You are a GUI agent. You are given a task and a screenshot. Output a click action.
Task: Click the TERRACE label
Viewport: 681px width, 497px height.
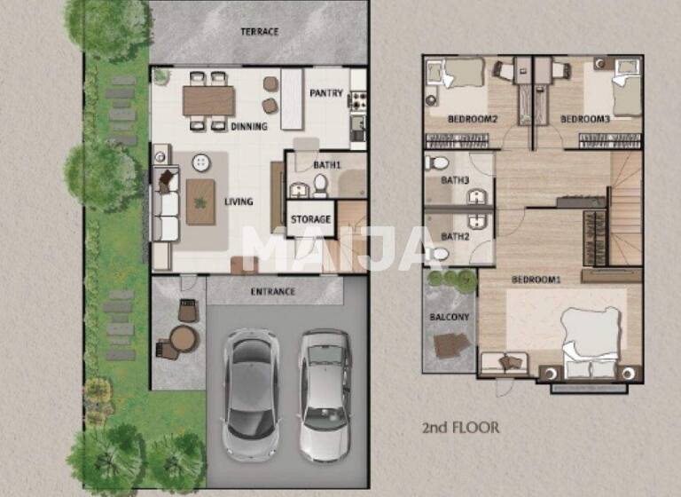(x=260, y=32)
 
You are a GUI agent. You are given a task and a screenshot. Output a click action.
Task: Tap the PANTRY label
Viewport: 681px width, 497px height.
(x=325, y=93)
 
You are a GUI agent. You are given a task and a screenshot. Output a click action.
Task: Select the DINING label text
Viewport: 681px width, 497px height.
(x=249, y=126)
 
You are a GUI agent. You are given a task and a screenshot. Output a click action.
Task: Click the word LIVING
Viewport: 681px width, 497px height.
(x=239, y=201)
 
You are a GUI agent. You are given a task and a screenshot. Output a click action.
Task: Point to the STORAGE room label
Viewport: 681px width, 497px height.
(x=310, y=219)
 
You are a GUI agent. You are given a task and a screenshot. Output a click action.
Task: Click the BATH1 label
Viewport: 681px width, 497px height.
(x=327, y=165)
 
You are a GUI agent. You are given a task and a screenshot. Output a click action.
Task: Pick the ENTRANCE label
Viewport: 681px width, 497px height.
(x=273, y=291)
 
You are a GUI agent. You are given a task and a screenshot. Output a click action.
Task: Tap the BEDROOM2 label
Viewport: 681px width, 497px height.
(x=472, y=119)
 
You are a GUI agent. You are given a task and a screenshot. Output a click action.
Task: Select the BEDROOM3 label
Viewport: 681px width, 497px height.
(x=585, y=119)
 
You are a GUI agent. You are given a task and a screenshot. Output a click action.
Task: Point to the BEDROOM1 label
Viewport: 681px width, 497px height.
(x=536, y=280)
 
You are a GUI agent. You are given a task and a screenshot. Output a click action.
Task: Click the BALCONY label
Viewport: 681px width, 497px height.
(x=450, y=317)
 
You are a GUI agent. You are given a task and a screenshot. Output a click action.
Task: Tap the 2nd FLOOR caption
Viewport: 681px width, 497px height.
(x=460, y=428)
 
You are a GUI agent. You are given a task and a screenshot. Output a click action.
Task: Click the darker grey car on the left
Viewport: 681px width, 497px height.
(x=249, y=393)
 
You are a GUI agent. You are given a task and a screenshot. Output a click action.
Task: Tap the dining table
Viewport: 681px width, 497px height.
(x=209, y=100)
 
